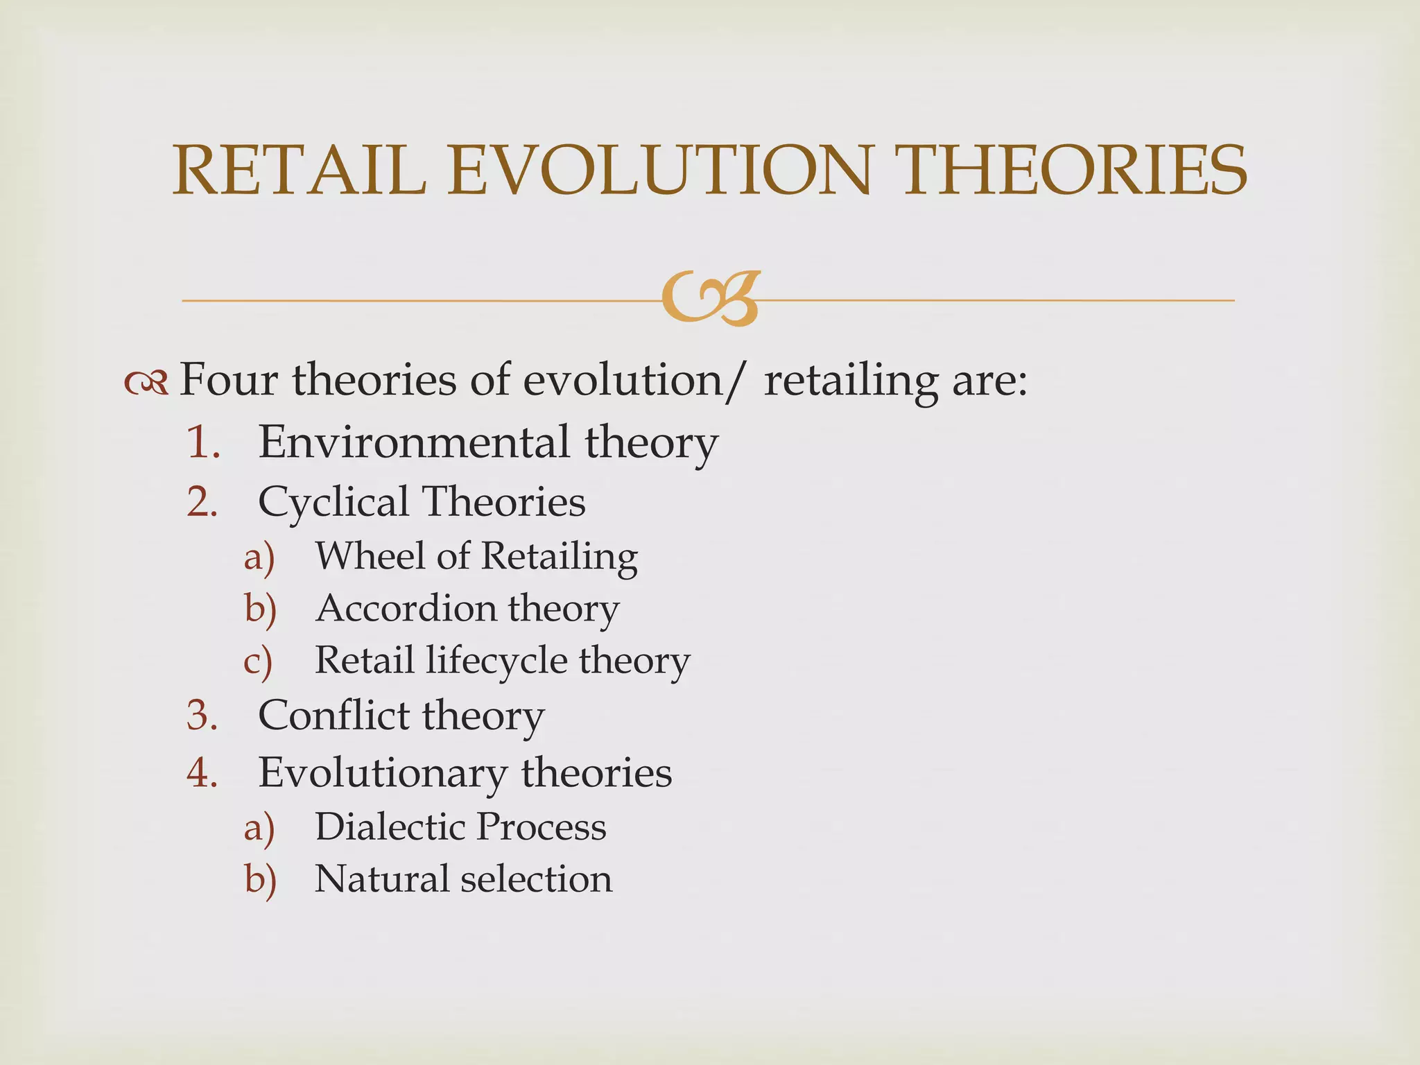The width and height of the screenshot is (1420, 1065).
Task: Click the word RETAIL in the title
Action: pyautogui.click(x=299, y=171)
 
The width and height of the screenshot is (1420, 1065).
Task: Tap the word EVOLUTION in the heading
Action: pyautogui.click(x=658, y=171)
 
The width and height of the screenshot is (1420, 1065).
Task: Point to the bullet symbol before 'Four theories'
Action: pyautogui.click(x=146, y=381)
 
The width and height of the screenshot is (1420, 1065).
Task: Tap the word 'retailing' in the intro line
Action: pyautogui.click(x=850, y=381)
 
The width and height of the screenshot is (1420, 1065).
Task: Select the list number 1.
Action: pyautogui.click(x=203, y=442)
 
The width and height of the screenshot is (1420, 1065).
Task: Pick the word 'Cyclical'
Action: pyautogui.click(x=333, y=502)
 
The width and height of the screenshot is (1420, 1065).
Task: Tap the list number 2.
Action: pyautogui.click(x=203, y=501)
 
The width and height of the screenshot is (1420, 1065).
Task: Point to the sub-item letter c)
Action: pyautogui.click(x=259, y=661)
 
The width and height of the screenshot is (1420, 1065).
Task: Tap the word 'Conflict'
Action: pyautogui.click(x=334, y=715)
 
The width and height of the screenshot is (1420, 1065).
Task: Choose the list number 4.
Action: pyautogui.click(x=203, y=772)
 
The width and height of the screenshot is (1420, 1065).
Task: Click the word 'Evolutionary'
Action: pyautogui.click(x=383, y=774)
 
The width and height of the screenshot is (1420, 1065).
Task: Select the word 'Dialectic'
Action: pyautogui.click(x=390, y=826)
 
